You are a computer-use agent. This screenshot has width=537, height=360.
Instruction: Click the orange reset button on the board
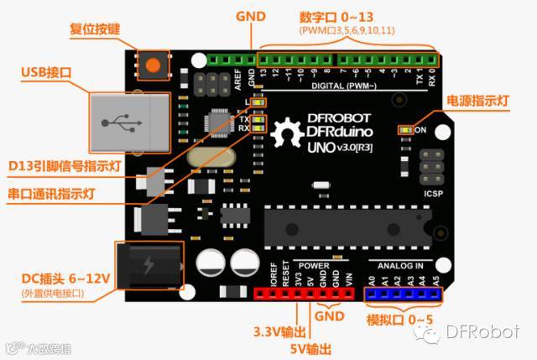152,65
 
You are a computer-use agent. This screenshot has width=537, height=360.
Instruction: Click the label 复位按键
94,29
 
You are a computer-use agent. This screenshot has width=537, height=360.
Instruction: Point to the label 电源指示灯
478,101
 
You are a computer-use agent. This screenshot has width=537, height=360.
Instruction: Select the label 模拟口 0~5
400,319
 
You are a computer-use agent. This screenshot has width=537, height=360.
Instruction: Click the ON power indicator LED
406,131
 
